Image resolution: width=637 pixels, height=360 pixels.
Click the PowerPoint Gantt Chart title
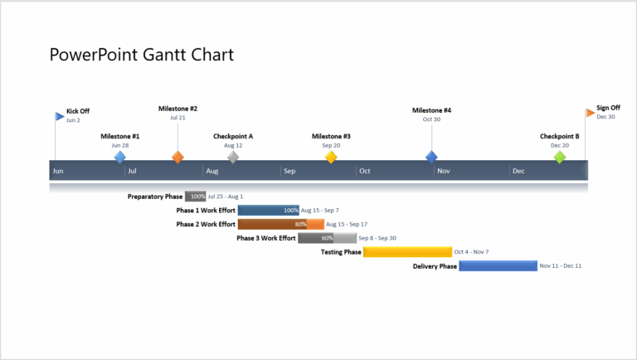point(142,56)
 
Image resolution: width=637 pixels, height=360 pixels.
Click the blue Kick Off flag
point(59,116)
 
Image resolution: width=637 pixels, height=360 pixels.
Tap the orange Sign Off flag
point(590,112)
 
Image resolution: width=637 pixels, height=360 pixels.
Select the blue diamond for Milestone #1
point(120,157)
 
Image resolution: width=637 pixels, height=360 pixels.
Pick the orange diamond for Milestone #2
point(177,157)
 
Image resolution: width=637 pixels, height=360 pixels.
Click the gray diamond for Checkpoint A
point(233,157)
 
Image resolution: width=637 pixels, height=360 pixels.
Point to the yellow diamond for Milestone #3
point(331,157)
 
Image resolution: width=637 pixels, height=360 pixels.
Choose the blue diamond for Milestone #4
point(431,157)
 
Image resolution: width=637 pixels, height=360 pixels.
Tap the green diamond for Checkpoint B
point(560,157)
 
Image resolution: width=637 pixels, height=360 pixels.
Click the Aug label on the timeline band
point(212,172)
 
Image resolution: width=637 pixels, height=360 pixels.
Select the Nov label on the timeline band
point(444,172)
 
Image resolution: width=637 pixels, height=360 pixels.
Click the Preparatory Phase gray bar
point(196,197)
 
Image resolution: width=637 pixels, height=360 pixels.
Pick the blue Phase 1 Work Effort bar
point(268,211)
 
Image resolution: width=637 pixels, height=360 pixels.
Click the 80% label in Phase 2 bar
point(300,224)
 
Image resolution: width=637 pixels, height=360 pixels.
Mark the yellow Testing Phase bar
point(407,252)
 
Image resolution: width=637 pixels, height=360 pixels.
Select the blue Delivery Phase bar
point(498,266)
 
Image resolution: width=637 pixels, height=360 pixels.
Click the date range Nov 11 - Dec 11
point(561,266)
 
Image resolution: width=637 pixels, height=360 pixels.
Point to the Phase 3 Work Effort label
point(265,238)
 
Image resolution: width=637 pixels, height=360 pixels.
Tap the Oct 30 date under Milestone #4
point(431,119)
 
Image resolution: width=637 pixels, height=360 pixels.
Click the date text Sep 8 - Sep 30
point(377,238)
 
